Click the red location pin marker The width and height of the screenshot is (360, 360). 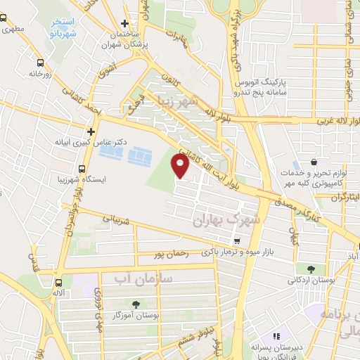(x=181, y=167)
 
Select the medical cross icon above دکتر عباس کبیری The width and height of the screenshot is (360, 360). (x=91, y=131)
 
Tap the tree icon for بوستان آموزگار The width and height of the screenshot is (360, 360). (x=136, y=304)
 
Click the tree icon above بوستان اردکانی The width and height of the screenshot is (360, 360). (x=310, y=268)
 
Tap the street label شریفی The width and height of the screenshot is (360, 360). (x=117, y=220)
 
